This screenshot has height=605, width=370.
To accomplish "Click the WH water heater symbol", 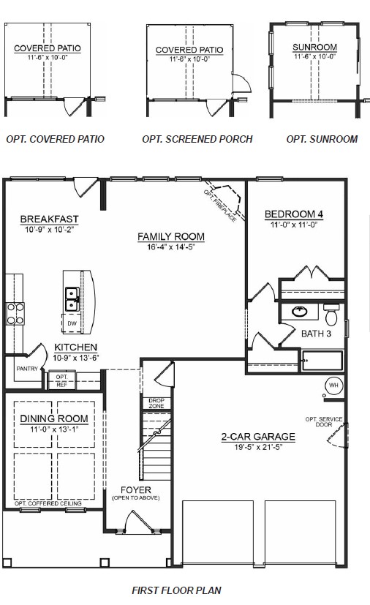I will point(333,385).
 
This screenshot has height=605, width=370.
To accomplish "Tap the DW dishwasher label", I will point(72,323).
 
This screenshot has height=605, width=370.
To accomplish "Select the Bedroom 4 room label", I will point(293,214).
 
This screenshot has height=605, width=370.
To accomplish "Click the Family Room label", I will point(171,236).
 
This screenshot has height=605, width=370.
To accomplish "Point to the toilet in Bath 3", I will point(331,316).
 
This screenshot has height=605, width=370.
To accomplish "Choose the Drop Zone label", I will point(156,403).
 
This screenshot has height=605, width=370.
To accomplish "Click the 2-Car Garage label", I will point(258,437).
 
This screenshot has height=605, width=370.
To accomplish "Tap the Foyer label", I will point(132,489).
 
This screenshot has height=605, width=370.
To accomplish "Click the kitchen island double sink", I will point(72,297).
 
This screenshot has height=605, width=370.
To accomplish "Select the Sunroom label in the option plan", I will point(314,48).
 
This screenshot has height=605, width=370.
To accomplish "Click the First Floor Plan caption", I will point(176,590).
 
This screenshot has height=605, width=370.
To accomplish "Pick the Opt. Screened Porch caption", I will point(197,139).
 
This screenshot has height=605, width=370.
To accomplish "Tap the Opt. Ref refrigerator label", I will point(61,380).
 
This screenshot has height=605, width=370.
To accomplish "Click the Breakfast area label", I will point(49,219).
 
